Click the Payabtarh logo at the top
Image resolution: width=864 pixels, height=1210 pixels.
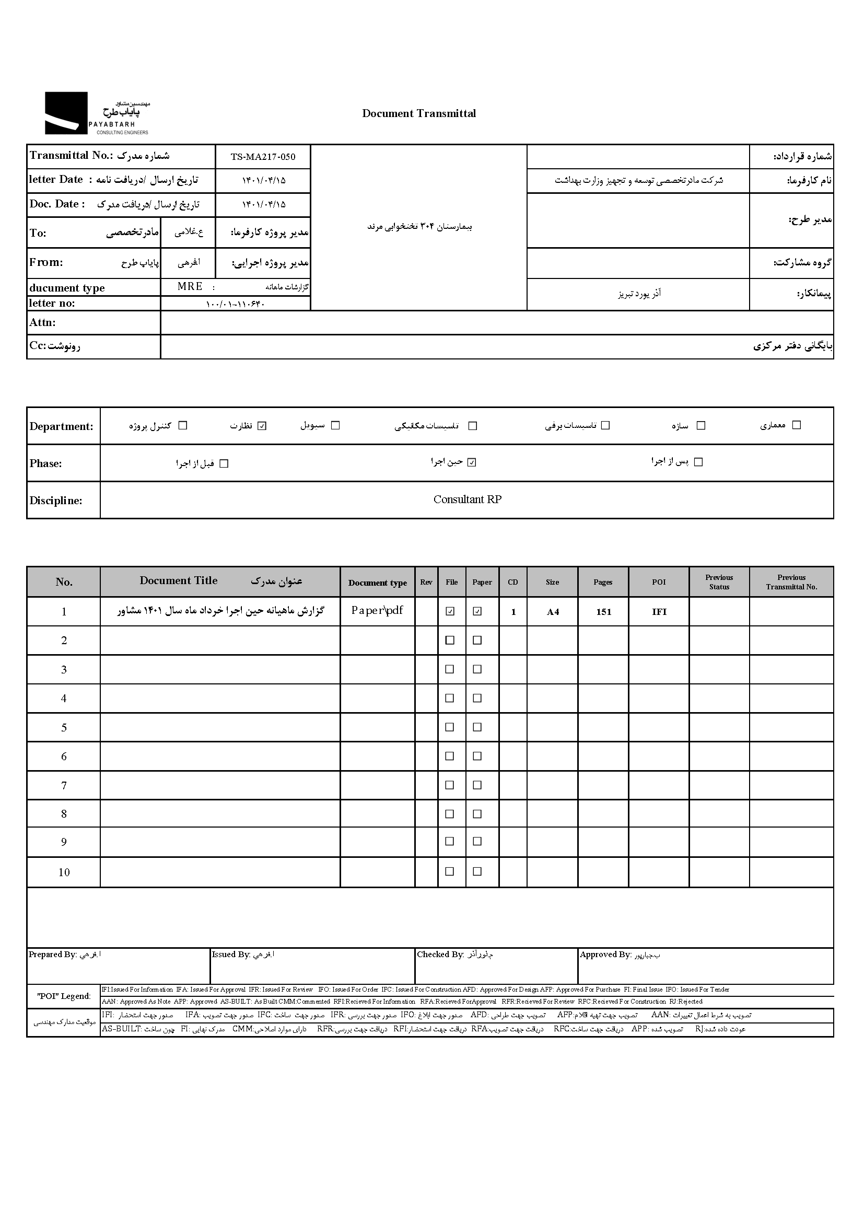pos(96,113)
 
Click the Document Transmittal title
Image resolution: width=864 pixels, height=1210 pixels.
pos(419,113)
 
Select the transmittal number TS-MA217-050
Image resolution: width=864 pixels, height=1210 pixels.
pos(263,157)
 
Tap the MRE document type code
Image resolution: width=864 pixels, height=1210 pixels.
pos(190,287)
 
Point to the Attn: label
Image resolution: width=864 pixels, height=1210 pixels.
pos(42,322)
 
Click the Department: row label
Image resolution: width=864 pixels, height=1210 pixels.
pos(61,426)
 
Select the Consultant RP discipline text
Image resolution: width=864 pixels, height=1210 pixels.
pos(467,499)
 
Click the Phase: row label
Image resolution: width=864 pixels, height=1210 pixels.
pos(46,463)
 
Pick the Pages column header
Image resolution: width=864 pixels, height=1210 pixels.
pos(603,582)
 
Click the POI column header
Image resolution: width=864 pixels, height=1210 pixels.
pos(659,582)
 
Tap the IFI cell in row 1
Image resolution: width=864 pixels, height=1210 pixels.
pos(659,612)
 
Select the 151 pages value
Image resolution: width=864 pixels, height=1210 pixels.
pos(603,612)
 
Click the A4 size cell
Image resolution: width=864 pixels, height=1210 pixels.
pos(553,612)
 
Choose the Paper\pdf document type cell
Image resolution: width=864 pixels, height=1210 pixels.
pos(377,611)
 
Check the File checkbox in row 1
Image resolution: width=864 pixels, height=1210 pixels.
pos(450,611)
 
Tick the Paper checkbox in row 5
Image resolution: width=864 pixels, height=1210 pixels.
pos(477,727)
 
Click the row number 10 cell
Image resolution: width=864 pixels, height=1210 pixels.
pos(64,872)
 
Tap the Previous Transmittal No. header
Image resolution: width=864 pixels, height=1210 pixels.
pos(791,582)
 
